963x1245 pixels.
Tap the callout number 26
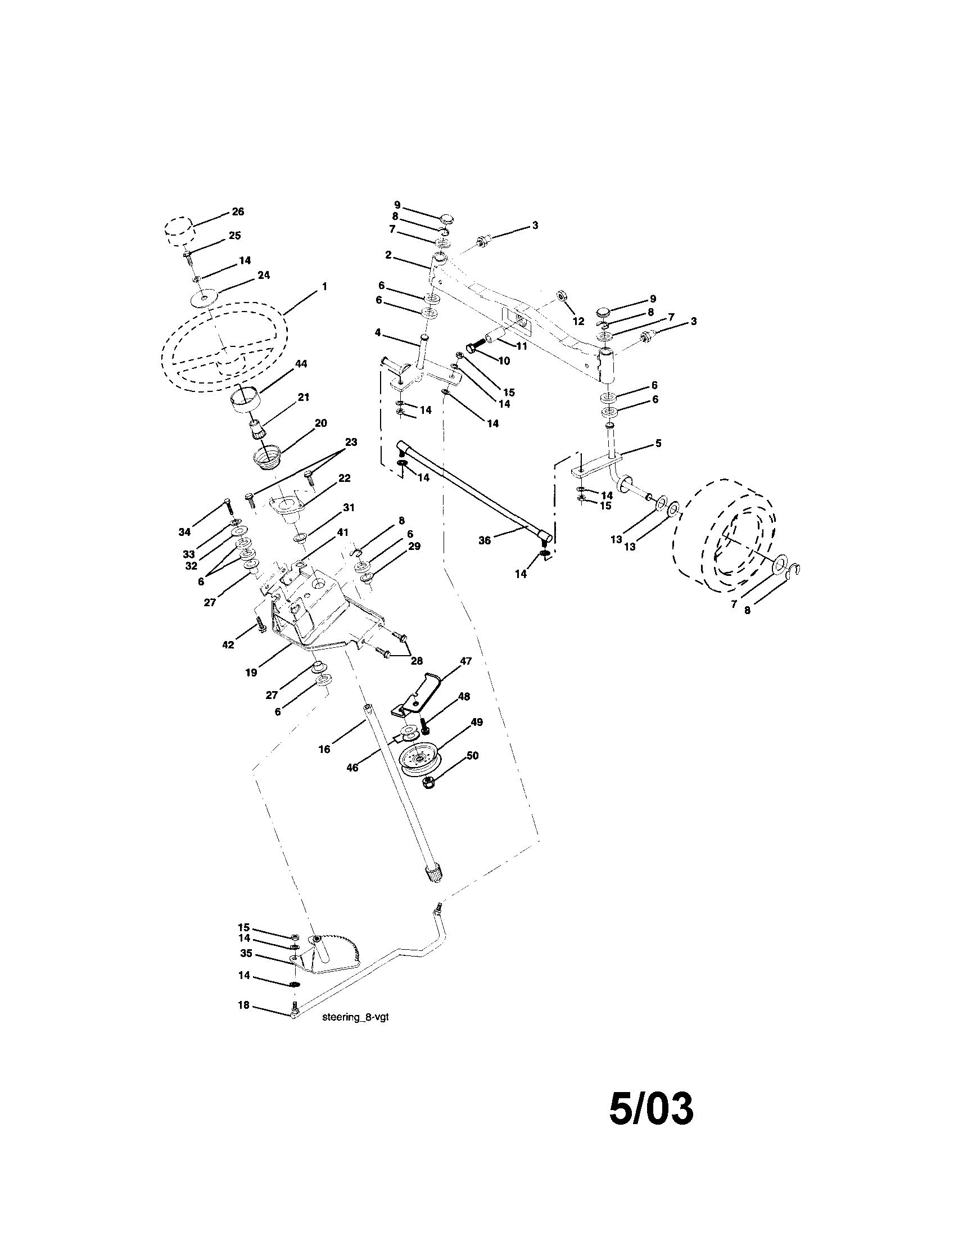click(238, 211)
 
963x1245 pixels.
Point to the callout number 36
click(485, 540)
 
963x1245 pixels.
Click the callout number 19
click(251, 672)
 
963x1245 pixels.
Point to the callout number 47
click(465, 661)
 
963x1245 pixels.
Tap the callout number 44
click(301, 364)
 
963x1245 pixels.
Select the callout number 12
click(578, 322)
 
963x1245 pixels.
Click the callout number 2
click(388, 255)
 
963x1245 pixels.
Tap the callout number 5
click(658, 443)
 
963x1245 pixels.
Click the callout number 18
click(243, 1005)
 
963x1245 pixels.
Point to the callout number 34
click(184, 532)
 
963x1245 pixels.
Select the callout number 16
click(324, 749)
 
